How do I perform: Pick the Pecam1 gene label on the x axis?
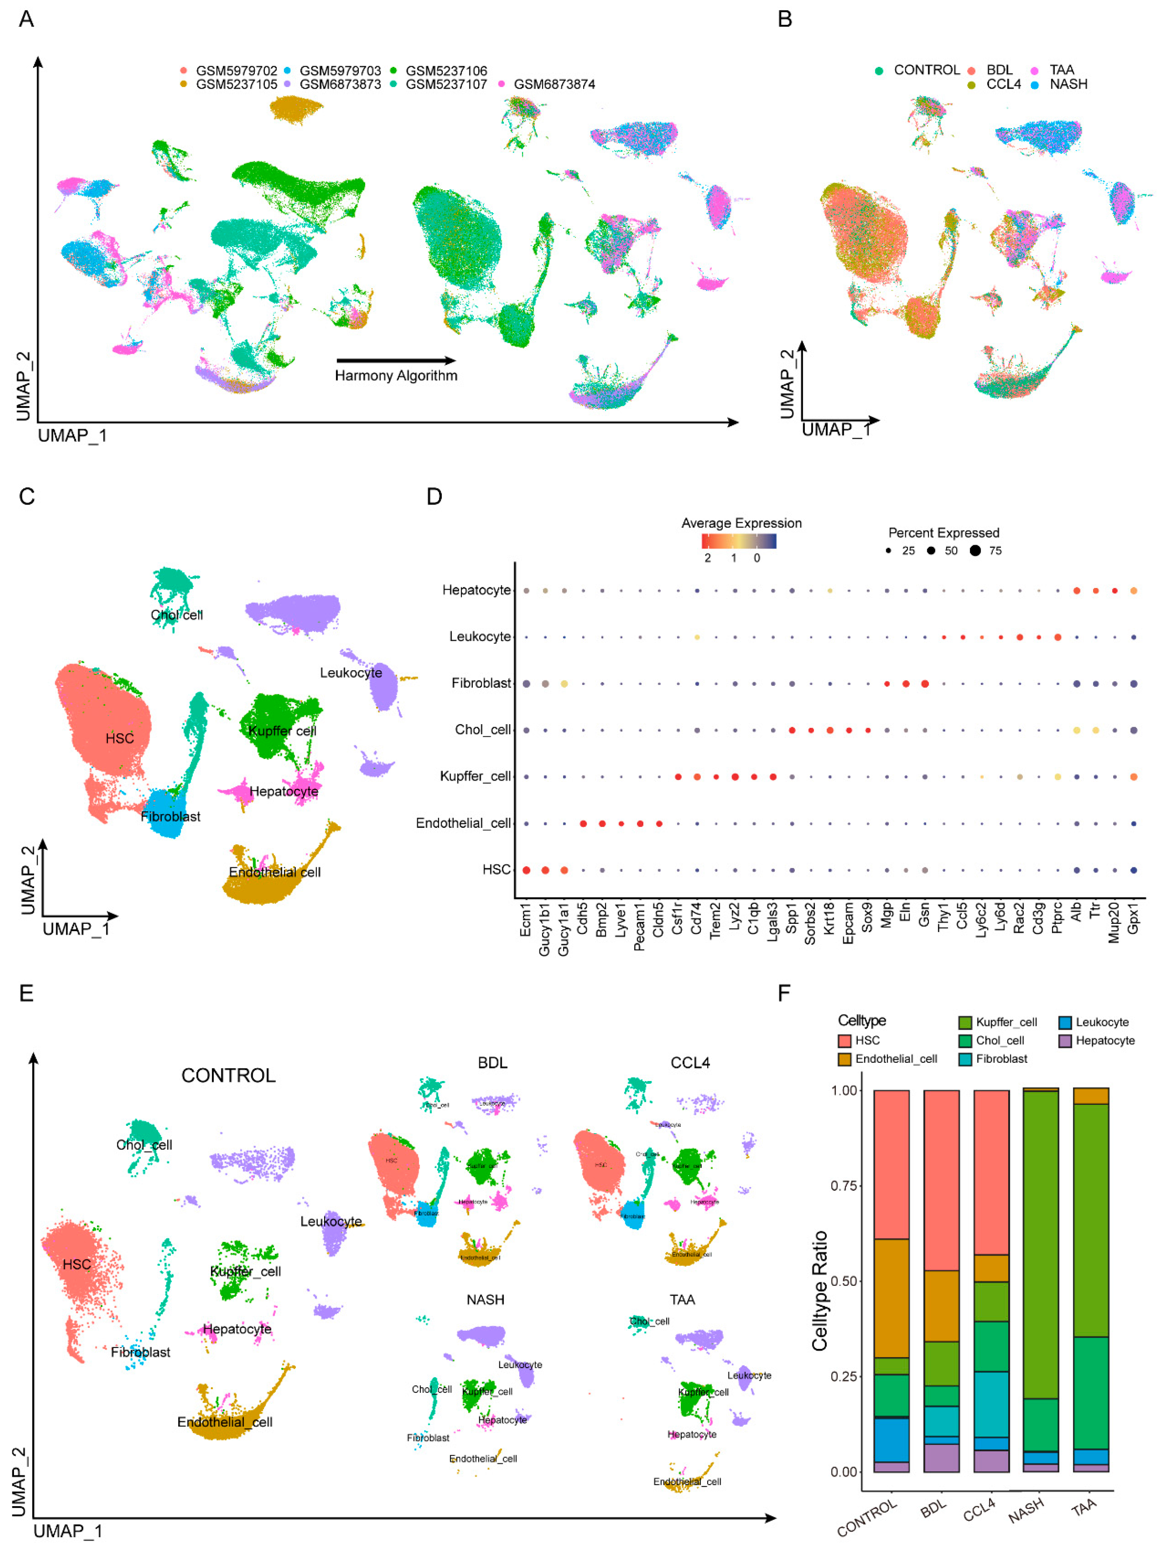[x=639, y=927]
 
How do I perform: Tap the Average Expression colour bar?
[x=739, y=541]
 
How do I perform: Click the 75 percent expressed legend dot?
[x=974, y=551]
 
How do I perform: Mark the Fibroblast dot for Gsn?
[x=925, y=683]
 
